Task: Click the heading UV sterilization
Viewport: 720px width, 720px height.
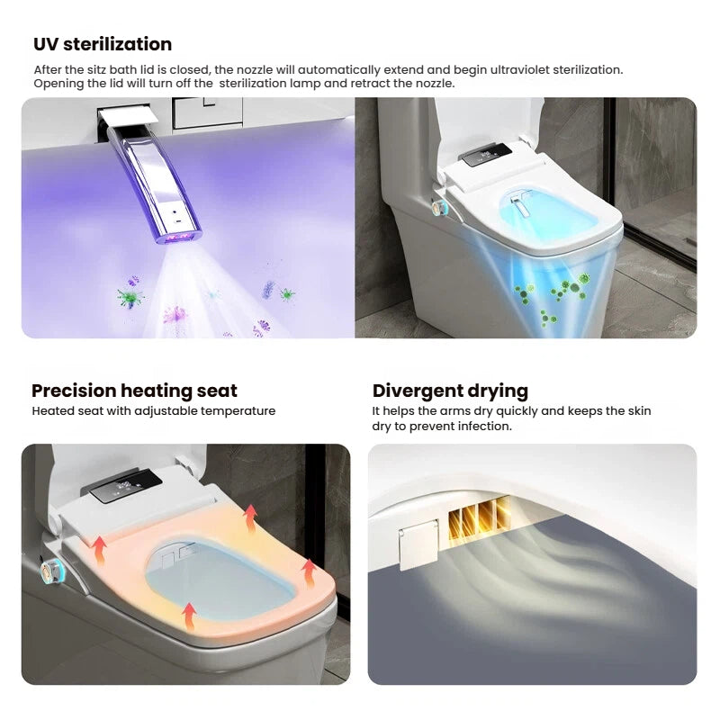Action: point(103,44)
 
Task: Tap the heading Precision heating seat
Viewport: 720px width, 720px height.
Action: point(134,391)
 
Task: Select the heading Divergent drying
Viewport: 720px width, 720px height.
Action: point(450,391)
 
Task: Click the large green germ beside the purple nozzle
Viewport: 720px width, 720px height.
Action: point(130,297)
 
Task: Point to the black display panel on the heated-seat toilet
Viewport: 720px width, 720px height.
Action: point(126,486)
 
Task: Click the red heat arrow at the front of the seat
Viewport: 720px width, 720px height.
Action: point(189,616)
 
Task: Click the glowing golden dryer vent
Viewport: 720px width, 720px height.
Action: point(478,522)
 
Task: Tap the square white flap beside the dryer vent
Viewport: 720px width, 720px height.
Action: point(418,544)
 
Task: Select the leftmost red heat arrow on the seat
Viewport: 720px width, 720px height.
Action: point(99,550)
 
